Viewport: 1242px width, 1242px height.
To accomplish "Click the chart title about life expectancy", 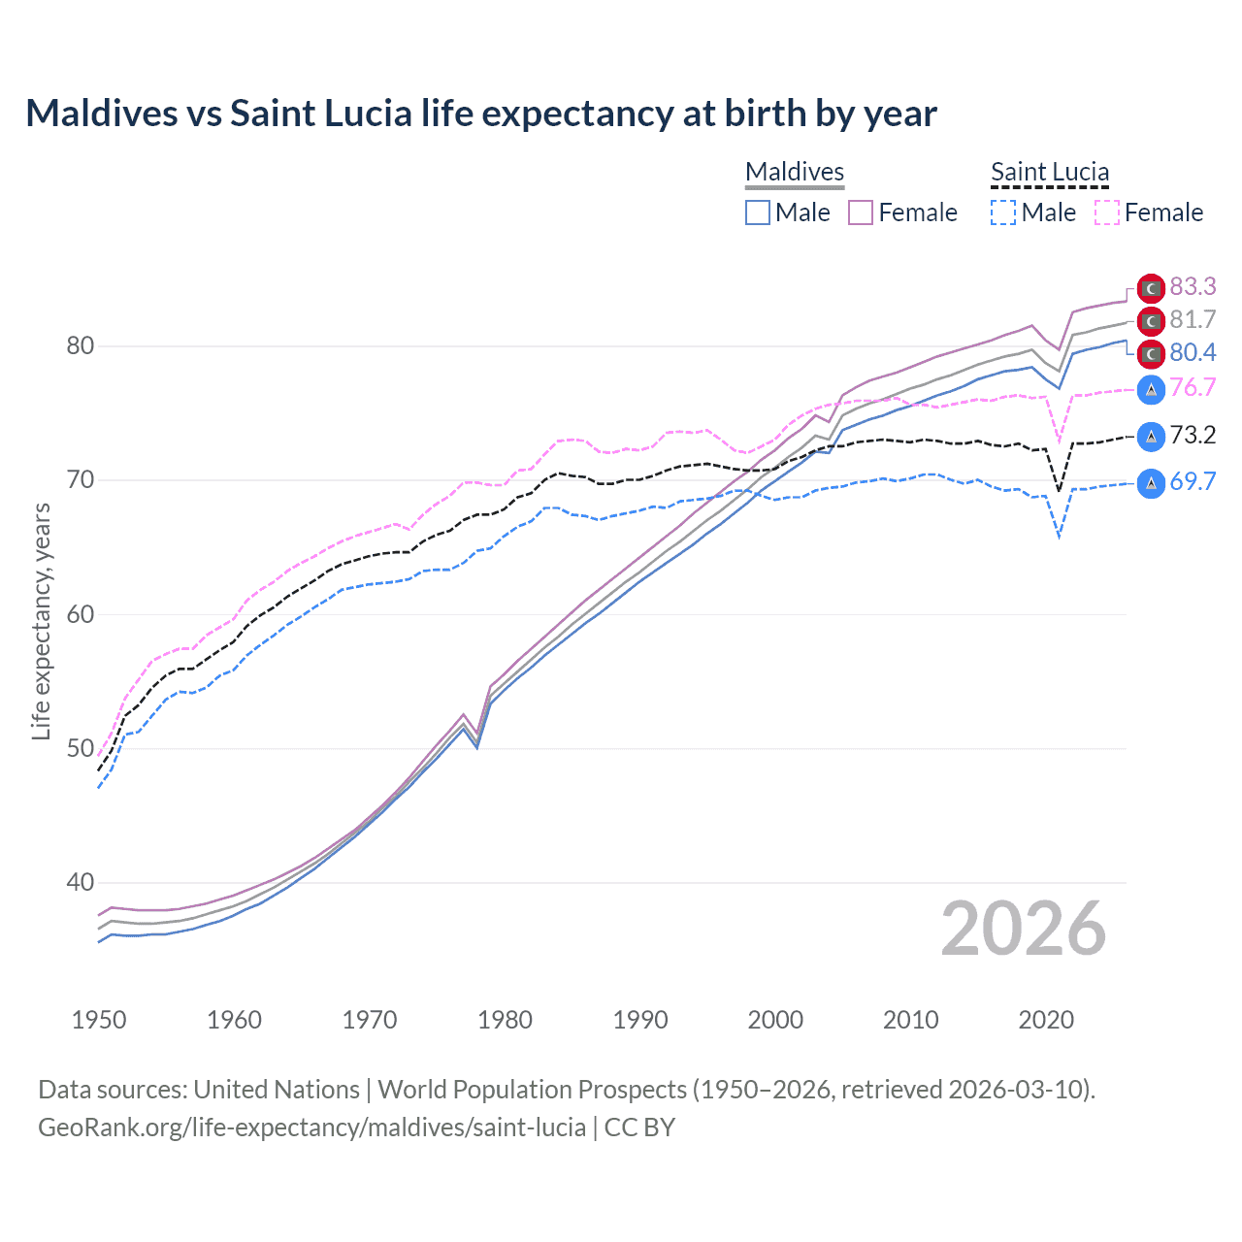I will coord(481,114).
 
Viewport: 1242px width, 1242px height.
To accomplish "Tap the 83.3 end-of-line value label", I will coord(1193,286).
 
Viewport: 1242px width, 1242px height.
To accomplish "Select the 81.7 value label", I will coord(1193,319).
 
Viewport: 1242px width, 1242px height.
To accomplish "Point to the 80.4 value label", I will coord(1193,352).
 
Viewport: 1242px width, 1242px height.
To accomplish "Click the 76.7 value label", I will coord(1193,387).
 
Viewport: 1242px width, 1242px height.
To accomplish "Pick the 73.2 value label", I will coord(1193,435).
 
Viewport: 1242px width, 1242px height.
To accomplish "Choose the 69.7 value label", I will coord(1193,481).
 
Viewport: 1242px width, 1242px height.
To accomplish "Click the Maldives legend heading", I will coord(795,172).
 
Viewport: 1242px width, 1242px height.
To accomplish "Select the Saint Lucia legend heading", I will coord(1050,172).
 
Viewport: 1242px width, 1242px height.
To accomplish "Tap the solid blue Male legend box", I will coord(758,212).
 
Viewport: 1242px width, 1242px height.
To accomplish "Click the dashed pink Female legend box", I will coord(1107,212).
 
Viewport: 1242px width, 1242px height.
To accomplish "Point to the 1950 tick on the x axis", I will coord(99,1020).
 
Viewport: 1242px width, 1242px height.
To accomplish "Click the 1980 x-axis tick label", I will coord(505,1020).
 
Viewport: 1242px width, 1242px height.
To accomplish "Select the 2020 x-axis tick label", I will coord(1046,1020).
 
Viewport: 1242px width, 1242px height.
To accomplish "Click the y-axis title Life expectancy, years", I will coord(41,621).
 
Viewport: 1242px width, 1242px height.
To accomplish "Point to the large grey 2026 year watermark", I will coord(1024,929).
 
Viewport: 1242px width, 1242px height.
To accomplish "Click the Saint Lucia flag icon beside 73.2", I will coord(1151,436).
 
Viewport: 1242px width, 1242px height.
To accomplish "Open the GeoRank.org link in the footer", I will coord(311,1128).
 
